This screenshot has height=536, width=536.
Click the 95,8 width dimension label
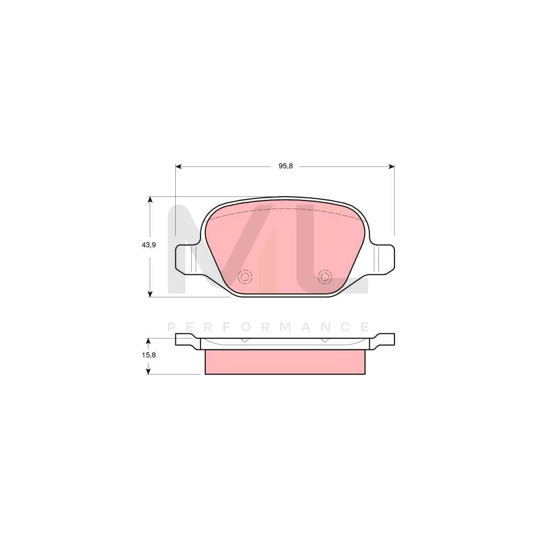(x=285, y=166)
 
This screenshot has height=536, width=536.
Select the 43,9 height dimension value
(x=148, y=245)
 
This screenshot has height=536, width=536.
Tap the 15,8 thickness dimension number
(x=149, y=355)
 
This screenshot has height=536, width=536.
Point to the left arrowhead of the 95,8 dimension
(x=179, y=166)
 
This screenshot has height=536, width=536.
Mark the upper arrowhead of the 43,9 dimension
(x=150, y=200)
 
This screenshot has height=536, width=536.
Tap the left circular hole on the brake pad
(x=245, y=277)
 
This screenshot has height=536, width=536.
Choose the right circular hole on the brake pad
(x=325, y=277)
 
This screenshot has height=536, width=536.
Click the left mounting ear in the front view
(x=187, y=259)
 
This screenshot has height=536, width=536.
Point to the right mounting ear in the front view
(x=383, y=259)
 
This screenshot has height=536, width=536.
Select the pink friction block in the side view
(x=285, y=362)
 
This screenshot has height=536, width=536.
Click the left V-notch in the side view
(x=245, y=340)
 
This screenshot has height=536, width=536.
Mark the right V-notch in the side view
(x=325, y=340)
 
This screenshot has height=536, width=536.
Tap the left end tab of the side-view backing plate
(x=184, y=339)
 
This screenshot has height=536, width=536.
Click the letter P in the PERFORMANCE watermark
(x=172, y=327)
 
